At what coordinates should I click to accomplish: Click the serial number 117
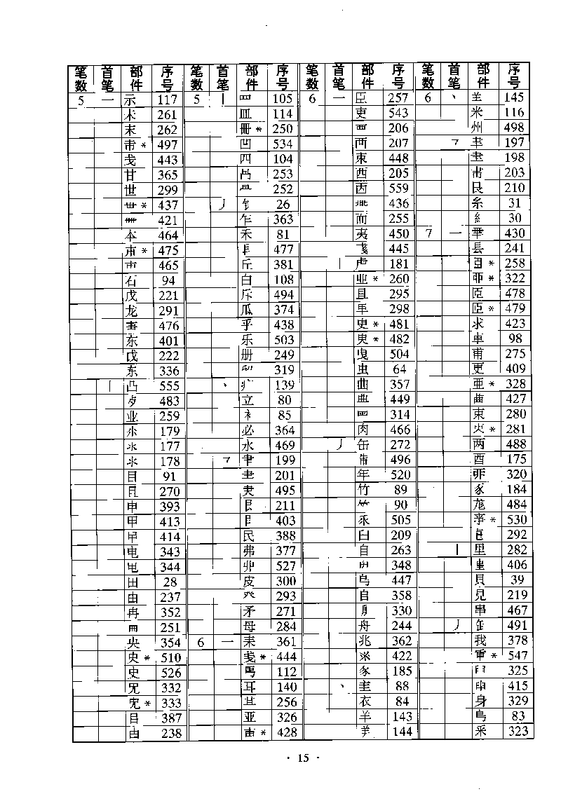pyautogui.click(x=168, y=100)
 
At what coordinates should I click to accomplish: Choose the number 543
pyautogui.click(x=398, y=114)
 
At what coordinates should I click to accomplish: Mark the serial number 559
pyautogui.click(x=398, y=189)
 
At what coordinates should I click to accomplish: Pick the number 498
pyautogui.click(x=514, y=128)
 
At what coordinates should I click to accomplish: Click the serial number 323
pyautogui.click(x=514, y=732)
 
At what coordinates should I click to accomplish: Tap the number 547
pyautogui.click(x=514, y=656)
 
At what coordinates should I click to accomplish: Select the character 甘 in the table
pyautogui.click(x=130, y=174)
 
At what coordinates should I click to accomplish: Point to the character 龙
pyautogui.click(x=131, y=310)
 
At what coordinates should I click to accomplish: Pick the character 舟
pyautogui.click(x=362, y=626)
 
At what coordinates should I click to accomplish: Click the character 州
pyautogui.click(x=478, y=128)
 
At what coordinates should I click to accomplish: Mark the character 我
pyautogui.click(x=478, y=641)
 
